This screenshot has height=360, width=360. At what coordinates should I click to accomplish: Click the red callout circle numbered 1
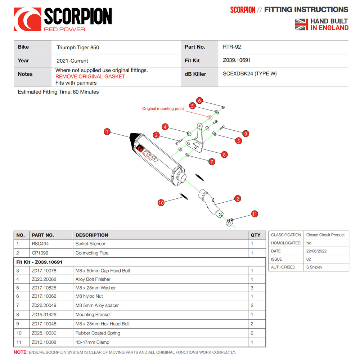107,132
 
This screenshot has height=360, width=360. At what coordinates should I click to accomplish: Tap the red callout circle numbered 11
255,214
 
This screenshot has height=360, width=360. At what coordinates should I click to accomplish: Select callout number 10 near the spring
161,203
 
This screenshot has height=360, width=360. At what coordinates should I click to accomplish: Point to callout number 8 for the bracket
224,155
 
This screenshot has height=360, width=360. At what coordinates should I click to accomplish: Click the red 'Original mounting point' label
163,109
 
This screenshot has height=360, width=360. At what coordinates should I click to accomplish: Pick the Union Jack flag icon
301,24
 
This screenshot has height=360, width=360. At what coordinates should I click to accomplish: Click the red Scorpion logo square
27,19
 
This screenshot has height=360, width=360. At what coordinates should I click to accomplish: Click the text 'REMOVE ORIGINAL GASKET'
90,76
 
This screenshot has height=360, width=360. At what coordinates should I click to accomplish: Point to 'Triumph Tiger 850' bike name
78,47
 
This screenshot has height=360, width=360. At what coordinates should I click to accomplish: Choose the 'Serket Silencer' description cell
90,244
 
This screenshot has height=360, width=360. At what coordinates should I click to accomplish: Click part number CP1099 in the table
40,253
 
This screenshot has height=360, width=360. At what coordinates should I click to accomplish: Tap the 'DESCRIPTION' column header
92,235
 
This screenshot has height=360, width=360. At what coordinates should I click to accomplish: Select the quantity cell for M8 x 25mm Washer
252,288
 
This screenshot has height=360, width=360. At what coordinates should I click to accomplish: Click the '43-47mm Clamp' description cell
92,342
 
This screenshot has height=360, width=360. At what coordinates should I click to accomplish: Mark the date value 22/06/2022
316,251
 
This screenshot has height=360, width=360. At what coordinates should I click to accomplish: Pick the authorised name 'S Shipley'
314,267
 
